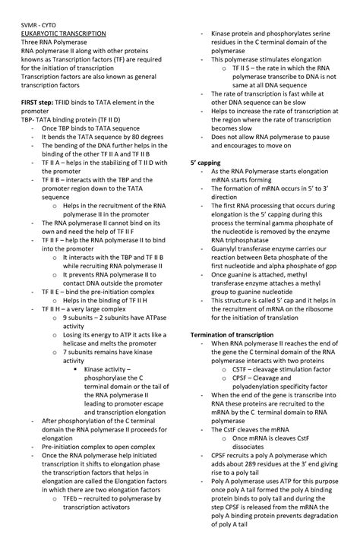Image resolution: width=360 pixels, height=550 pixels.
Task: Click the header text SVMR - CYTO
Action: (x=43, y=25)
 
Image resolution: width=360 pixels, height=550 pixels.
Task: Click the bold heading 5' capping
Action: (x=206, y=163)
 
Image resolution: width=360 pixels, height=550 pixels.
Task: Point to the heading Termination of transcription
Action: (x=235, y=335)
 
